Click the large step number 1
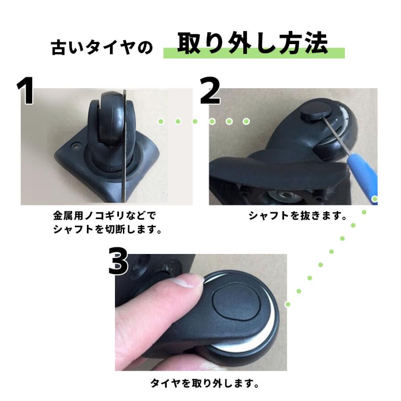point(25,90)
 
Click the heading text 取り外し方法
point(253,43)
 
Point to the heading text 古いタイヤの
point(102,47)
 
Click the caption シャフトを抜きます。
point(298,216)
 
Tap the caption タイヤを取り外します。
point(205,383)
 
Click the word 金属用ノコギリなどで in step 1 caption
point(104,216)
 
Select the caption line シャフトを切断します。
point(107,229)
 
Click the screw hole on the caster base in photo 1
point(76,146)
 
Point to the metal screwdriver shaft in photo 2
point(336,135)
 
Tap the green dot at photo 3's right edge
point(288,304)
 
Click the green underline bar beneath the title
point(254,53)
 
